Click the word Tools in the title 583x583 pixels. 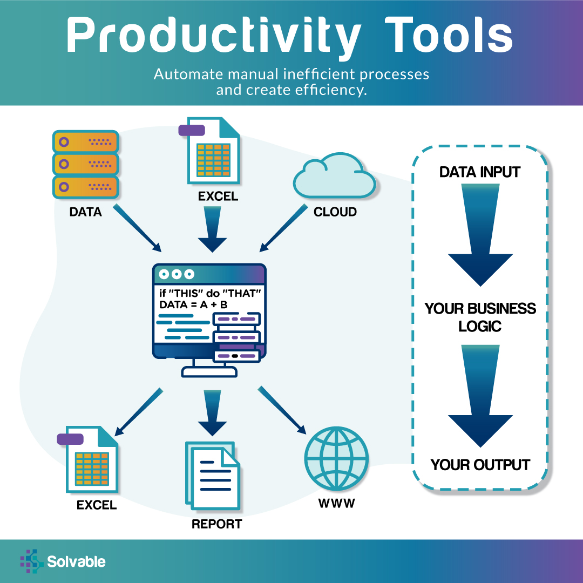pyautogui.click(x=449, y=35)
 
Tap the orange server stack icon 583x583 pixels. pyautogui.click(x=85, y=164)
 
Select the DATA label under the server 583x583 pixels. pyautogui.click(x=85, y=212)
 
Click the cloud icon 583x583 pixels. pyautogui.click(x=334, y=175)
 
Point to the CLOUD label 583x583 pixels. pyautogui.click(x=335, y=212)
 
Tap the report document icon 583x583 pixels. pyautogui.click(x=213, y=476)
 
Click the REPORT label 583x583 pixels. pyautogui.click(x=217, y=524)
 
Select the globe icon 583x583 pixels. pyautogui.click(x=336, y=458)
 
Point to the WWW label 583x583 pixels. pyautogui.click(x=336, y=504)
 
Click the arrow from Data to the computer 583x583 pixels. pyautogui.click(x=137, y=228)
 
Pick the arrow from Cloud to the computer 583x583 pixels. pyautogui.click(x=284, y=228)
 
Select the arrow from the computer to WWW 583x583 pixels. pyautogui.click(x=282, y=410)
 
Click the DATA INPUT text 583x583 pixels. pyautogui.click(x=480, y=172)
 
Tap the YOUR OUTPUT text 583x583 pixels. pyautogui.click(x=480, y=465)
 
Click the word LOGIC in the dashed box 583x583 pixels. pyautogui.click(x=480, y=327)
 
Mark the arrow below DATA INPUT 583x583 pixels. pyautogui.click(x=480, y=235)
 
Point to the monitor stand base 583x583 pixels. pyautogui.click(x=209, y=371)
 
